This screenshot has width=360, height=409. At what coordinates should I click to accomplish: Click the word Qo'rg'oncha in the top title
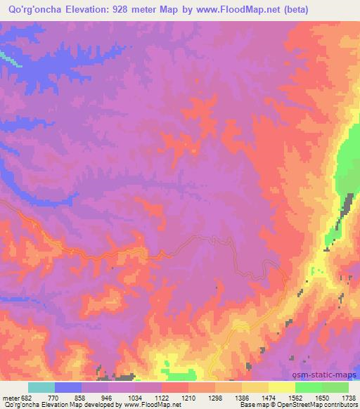[x=35, y=11]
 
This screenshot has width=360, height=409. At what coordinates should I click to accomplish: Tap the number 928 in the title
[x=135, y=11]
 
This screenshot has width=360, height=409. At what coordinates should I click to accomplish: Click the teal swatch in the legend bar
[x=41, y=387]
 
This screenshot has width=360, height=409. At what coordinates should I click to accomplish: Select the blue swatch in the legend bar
[x=68, y=387]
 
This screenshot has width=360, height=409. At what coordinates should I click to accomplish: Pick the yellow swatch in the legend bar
[x=282, y=387]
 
